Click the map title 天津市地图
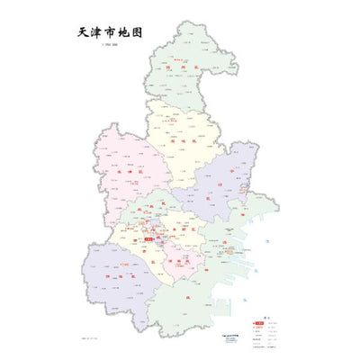point(110,31)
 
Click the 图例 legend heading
point(262,319)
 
